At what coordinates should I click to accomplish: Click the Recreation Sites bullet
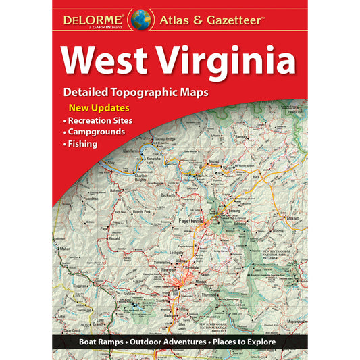point(101,120)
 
